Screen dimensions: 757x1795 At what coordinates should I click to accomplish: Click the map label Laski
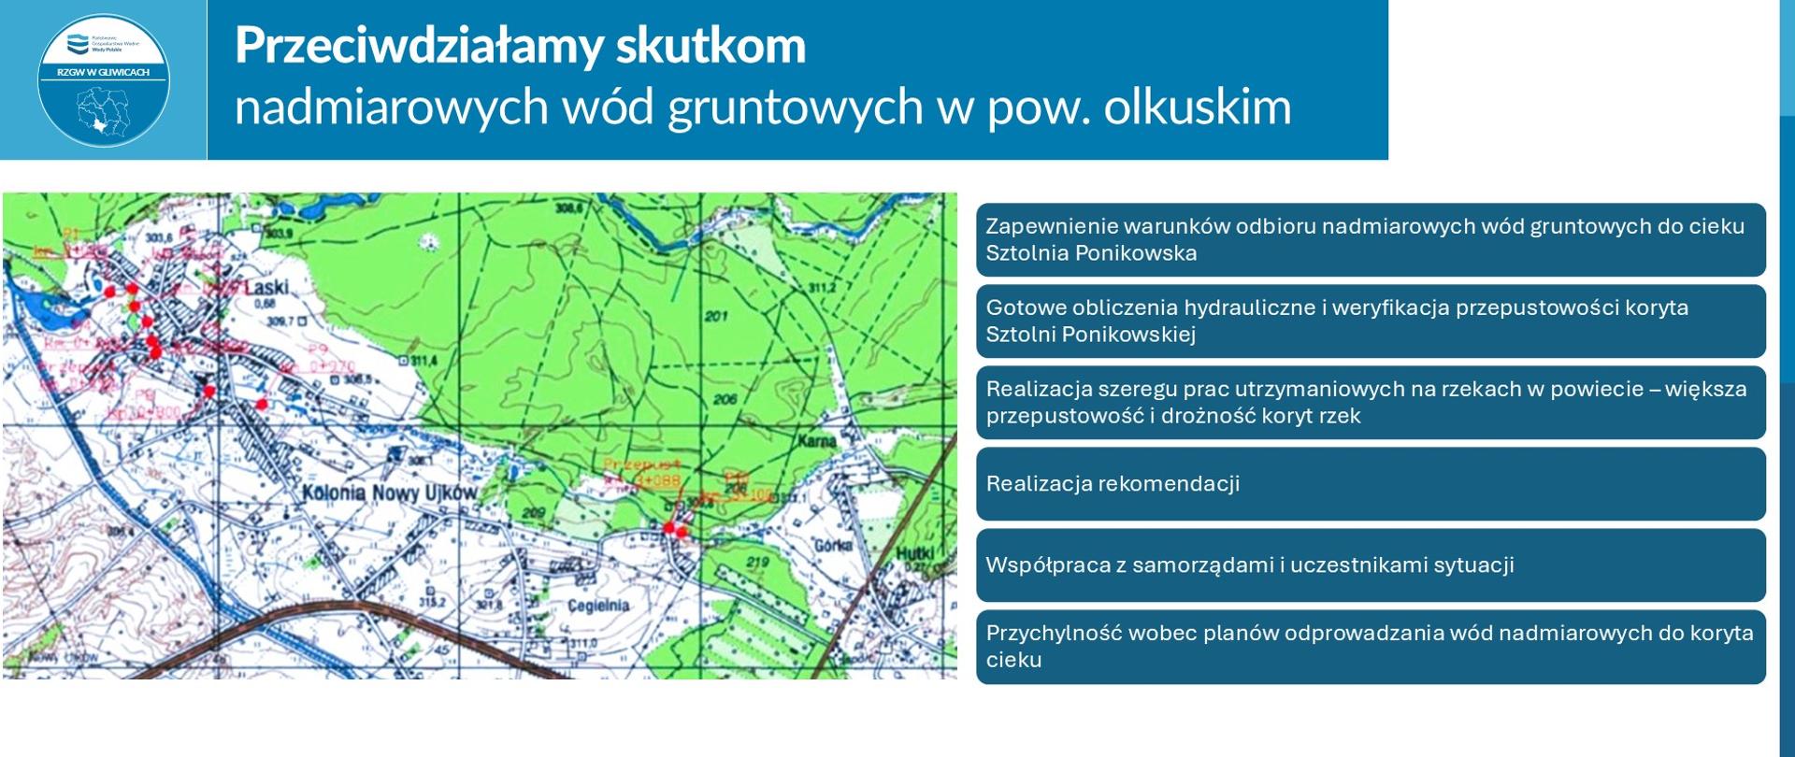point(266,288)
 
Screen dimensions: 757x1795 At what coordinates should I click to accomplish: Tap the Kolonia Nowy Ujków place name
point(389,493)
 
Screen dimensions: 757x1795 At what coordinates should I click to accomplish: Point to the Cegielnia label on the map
point(598,606)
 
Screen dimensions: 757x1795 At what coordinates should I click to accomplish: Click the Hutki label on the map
point(914,554)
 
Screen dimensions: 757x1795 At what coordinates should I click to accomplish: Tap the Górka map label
point(833,545)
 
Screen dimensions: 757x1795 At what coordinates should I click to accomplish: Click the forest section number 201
point(716,316)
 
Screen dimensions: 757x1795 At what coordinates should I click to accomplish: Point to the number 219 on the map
point(757,562)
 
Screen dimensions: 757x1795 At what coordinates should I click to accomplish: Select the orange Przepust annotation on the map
point(641,464)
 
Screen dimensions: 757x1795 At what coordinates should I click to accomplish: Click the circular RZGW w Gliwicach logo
point(103,80)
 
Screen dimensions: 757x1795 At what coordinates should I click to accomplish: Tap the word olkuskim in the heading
point(1197,107)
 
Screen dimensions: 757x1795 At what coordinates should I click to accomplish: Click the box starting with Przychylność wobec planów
point(1371,647)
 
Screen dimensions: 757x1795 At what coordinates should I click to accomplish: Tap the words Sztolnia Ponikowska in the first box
point(1091,253)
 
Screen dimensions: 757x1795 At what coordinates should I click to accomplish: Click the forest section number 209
point(533,513)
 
